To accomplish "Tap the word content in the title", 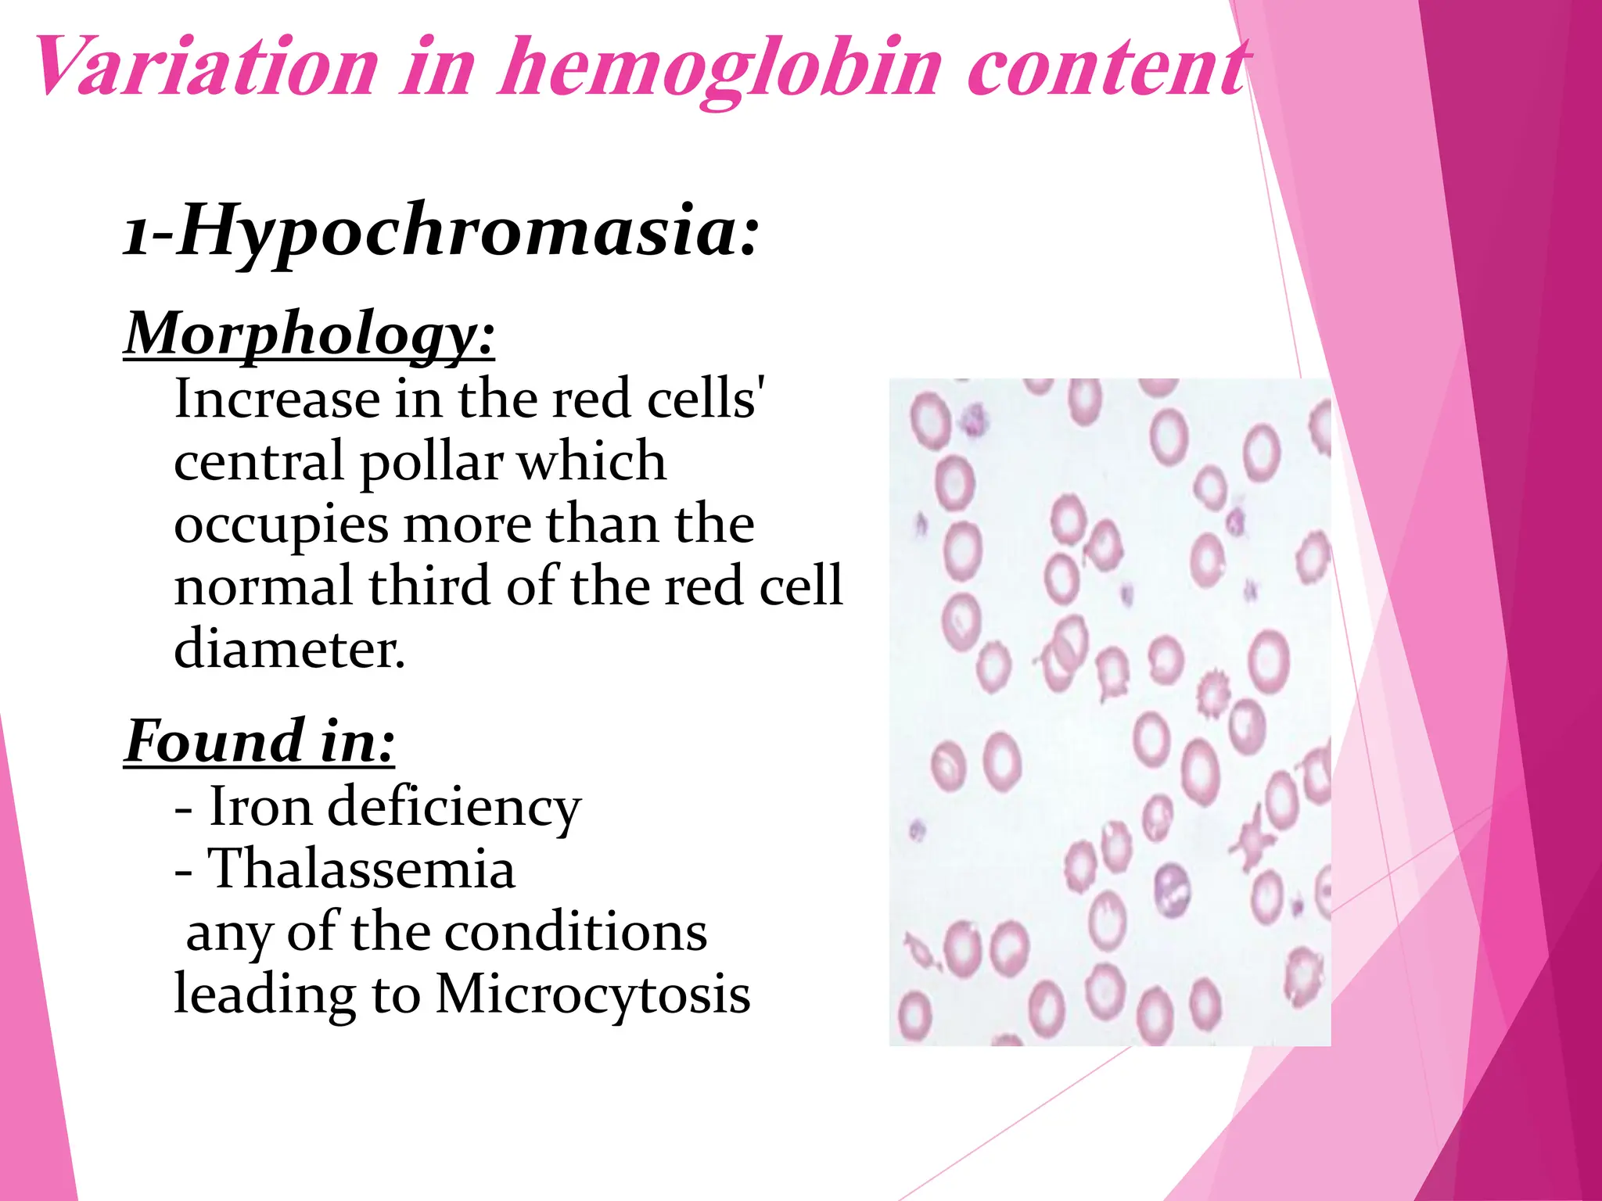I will coord(1106,69).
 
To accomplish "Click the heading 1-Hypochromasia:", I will coord(442,231).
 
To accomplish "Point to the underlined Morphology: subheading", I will coord(310,335).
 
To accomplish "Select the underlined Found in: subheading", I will coord(260,741).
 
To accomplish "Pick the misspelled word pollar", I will coord(431,462).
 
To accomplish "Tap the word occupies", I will coord(281,525).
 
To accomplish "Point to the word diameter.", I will coord(289,649).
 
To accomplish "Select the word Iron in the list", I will coord(260,806).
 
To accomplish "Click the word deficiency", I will coord(454,808).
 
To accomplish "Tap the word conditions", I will coord(576,933).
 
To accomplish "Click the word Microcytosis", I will coord(593,995).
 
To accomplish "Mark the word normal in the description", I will coord(264,586).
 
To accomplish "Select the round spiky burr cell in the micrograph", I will coord(1212,693).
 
